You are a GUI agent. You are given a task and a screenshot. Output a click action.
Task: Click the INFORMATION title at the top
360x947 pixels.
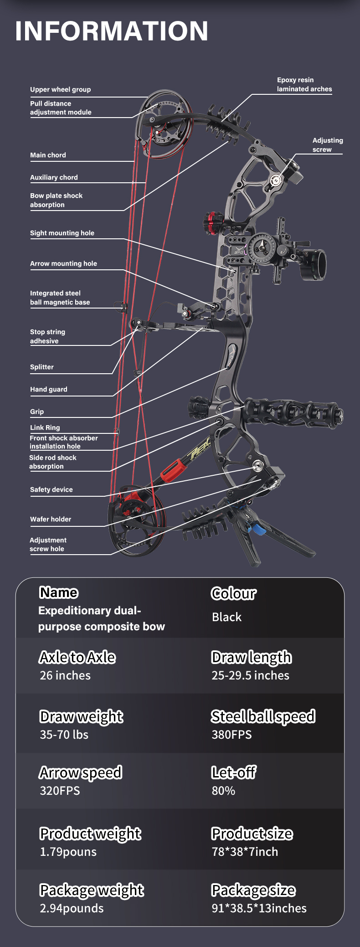(112, 31)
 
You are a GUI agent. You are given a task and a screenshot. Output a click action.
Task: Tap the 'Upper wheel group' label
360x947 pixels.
(60, 89)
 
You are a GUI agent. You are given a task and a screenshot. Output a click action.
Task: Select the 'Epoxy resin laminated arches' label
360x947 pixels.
(304, 84)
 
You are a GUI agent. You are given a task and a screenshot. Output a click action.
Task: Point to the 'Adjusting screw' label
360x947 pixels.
(327, 145)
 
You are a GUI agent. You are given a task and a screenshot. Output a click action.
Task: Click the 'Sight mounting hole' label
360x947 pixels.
(62, 233)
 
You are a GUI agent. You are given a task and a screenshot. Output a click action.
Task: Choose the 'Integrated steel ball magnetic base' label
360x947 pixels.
(60, 298)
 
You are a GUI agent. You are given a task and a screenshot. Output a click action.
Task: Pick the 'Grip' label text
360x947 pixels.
(37, 412)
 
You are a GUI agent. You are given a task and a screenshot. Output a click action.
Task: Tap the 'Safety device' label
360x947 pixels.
(51, 489)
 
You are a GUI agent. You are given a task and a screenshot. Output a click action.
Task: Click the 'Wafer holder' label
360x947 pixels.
(51, 519)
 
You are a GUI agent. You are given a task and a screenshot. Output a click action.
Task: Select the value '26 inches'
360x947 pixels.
(65, 675)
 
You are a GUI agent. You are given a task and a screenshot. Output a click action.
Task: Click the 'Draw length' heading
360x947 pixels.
(252, 657)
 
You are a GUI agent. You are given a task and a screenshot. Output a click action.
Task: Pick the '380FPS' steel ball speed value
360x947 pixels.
(231, 735)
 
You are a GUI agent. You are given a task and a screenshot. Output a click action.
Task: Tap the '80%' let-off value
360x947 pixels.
(223, 791)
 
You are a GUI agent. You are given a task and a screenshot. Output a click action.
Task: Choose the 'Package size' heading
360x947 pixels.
(253, 890)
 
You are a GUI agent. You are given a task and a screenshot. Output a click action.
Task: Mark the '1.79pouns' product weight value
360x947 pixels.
(68, 852)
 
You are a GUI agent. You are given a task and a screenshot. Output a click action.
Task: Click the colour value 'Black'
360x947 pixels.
(226, 617)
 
